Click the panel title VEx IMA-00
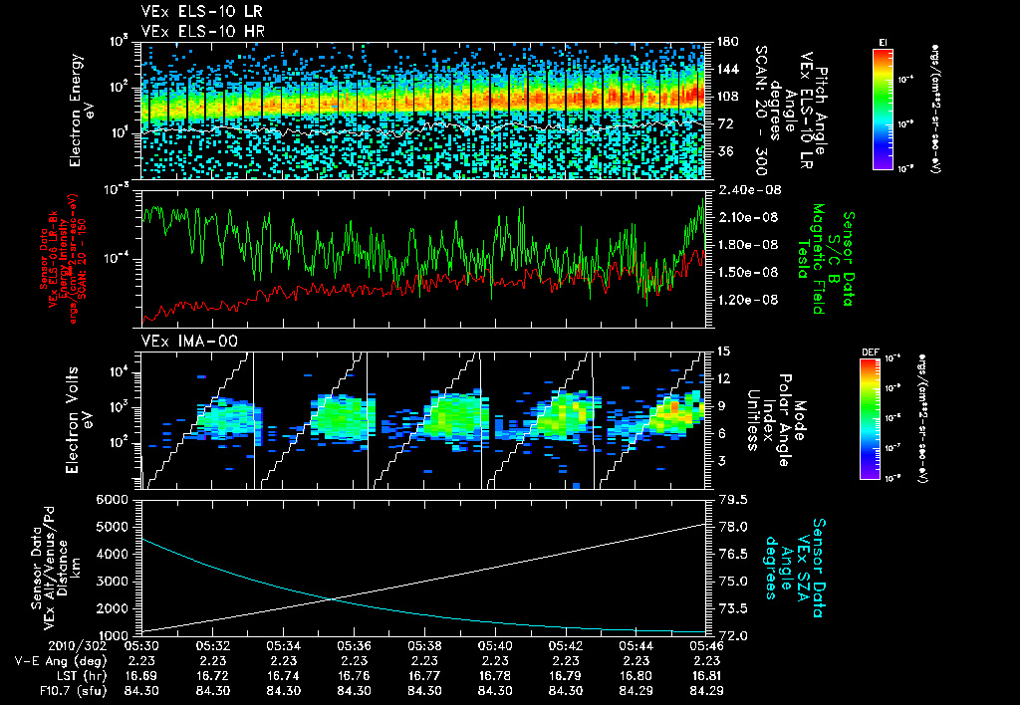[x=182, y=342]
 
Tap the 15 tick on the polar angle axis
[x=722, y=352]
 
